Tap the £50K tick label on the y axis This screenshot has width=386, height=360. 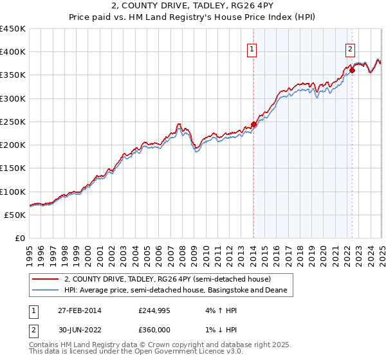[15, 215]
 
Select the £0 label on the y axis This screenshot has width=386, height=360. [20, 238]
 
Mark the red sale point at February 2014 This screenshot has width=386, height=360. [253, 125]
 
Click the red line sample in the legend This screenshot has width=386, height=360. [46, 279]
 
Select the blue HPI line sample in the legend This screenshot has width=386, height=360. [46, 291]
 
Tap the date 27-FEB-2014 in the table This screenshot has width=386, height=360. [78, 310]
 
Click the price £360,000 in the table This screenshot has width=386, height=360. [154, 328]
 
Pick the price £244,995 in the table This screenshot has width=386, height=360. [154, 310]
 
